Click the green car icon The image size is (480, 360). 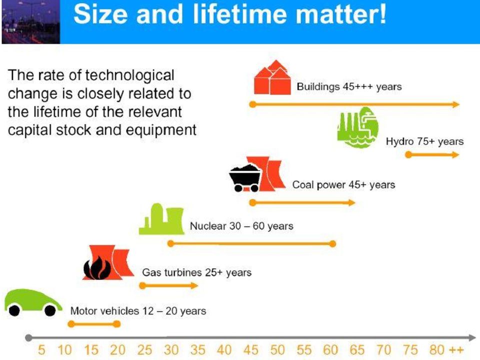point(33,302)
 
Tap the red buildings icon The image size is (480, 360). point(272,77)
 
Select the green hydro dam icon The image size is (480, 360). point(358,127)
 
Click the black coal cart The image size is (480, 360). point(245,178)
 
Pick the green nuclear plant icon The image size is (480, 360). point(161,219)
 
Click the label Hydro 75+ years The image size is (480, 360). point(424,141)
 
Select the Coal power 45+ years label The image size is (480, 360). point(343,185)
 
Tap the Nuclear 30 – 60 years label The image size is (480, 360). point(241,226)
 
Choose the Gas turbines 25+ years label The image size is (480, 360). point(197,272)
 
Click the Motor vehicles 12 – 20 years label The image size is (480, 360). point(138,311)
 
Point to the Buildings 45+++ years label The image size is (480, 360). point(349,86)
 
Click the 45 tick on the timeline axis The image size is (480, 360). point(250,350)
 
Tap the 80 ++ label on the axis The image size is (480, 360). point(446,350)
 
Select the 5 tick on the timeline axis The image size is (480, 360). point(41,350)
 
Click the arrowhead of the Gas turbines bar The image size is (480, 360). point(194,285)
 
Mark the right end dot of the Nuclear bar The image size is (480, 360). point(332,243)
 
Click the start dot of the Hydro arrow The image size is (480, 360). point(408,154)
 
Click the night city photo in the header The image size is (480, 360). point(31,21)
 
